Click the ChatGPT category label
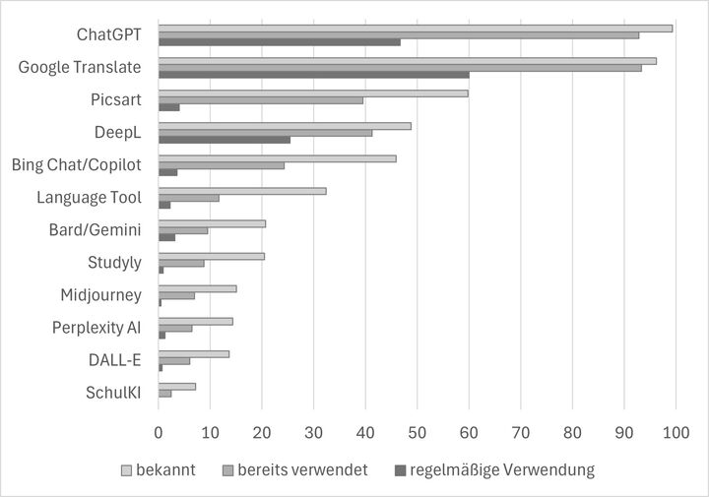click(x=108, y=35)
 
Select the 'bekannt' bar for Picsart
click(x=313, y=93)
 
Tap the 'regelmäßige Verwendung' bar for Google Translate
click(x=313, y=75)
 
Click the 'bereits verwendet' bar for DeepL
click(x=265, y=132)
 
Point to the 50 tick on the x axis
click(x=417, y=431)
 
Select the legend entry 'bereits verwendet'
click(x=295, y=469)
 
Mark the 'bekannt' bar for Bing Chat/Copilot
click(x=277, y=157)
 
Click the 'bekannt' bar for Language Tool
click(x=242, y=190)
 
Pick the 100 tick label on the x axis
click(x=676, y=431)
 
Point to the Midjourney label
click(x=100, y=295)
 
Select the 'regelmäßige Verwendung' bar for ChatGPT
click(x=279, y=42)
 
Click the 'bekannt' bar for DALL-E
click(x=194, y=353)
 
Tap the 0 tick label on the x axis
click(x=159, y=431)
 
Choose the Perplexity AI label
click(x=97, y=328)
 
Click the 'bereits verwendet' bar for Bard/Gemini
click(x=183, y=230)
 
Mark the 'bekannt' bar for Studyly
click(x=212, y=256)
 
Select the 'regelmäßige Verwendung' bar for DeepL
click(x=225, y=140)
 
